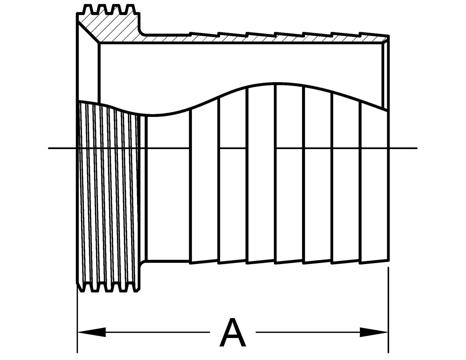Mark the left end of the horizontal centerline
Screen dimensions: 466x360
48,148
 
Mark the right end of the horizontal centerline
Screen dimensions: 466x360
417,148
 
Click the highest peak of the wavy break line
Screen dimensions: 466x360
276,83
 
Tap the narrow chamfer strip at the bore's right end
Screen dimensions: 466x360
386,75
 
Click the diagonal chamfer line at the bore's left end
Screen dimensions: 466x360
88,33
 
